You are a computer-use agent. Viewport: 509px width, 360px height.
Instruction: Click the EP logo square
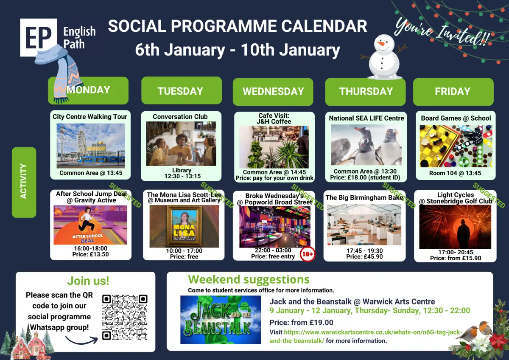[x=39, y=37]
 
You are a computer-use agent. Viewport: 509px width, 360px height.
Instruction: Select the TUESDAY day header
[x=182, y=90]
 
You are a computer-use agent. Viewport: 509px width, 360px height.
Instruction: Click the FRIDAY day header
[x=453, y=92]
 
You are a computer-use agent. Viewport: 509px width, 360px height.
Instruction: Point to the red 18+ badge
[x=308, y=254]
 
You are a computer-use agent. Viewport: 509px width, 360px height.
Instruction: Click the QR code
[x=125, y=317]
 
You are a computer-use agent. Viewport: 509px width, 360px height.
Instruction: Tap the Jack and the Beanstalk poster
[x=221, y=320]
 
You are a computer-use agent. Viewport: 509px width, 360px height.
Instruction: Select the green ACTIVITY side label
[x=24, y=183]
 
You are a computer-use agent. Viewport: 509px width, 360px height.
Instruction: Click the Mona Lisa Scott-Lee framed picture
[x=184, y=226]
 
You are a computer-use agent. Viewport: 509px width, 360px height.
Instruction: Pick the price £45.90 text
[x=364, y=256]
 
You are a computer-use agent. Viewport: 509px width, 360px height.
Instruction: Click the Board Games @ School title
[x=456, y=118]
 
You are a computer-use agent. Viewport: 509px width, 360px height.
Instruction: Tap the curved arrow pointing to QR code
[x=81, y=340]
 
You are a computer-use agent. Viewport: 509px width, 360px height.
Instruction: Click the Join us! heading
[x=88, y=281]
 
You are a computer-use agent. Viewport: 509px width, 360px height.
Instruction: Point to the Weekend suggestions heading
[x=249, y=279]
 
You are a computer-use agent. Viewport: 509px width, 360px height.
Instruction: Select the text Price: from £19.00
[x=301, y=323]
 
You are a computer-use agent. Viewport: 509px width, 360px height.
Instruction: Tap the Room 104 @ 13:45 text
[x=455, y=173]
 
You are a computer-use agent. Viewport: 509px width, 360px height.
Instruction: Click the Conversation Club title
[x=180, y=116]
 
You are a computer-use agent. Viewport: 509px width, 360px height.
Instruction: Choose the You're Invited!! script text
[x=442, y=32]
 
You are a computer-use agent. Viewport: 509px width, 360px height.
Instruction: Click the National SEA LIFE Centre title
[x=366, y=118]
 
